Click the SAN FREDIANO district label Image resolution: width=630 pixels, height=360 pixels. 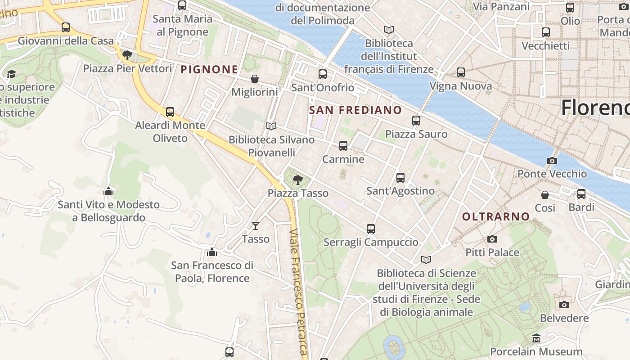(355, 110)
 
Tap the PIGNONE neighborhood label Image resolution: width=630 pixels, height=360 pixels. (209, 69)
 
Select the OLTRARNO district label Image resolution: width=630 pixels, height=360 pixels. (496, 216)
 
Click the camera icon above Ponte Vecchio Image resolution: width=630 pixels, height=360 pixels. (552, 161)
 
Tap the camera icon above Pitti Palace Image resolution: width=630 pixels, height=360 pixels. (492, 239)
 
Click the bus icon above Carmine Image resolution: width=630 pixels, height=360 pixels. (343, 146)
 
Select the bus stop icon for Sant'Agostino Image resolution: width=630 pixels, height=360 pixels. (400, 178)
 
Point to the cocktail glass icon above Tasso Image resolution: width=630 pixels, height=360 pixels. (256, 225)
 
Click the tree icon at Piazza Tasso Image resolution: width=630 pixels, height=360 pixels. (297, 180)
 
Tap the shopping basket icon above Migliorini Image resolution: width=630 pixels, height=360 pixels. (255, 79)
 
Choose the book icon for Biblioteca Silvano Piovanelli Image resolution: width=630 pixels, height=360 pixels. (271, 126)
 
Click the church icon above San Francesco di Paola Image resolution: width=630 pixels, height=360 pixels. (212, 252)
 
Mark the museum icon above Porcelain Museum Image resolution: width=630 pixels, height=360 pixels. (536, 338)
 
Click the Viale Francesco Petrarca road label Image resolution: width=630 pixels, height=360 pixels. (299, 292)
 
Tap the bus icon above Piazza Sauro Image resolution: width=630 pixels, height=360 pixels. (416, 121)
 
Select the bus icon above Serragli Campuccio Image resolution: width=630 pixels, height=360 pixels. (371, 229)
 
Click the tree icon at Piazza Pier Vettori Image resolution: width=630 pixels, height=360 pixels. (127, 55)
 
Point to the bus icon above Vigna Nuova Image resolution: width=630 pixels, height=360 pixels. (460, 72)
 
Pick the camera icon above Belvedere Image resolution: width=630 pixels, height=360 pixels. (564, 305)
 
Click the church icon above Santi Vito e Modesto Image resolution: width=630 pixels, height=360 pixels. (108, 191)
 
